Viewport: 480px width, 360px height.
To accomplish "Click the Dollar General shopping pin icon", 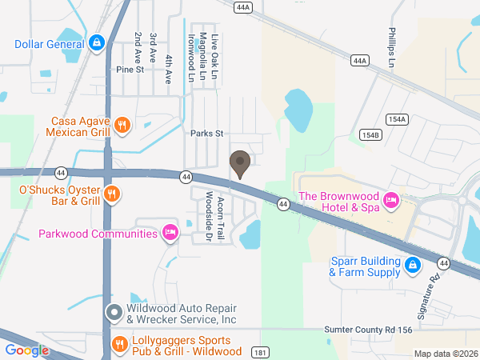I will pos(96,42).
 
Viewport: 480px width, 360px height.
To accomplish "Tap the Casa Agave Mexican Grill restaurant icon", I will pos(122,124).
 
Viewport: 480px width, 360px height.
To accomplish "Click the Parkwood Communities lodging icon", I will pos(170,233).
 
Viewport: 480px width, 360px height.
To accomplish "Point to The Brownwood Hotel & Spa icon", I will pos(391,199).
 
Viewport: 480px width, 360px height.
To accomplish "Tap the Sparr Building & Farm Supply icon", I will pos(412,265).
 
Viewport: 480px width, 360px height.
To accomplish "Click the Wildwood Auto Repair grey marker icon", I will pos(114,310).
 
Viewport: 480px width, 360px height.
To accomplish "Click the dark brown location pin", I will pos(239,164).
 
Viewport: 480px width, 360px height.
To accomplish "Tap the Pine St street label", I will pos(129,70).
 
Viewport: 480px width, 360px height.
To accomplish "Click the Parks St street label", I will pos(206,134).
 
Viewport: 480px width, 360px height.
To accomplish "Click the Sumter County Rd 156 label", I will pos(379,330).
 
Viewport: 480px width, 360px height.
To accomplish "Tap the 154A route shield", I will pos(396,119).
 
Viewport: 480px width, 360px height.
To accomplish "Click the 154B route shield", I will pos(370,134).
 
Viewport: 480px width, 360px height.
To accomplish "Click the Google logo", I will pos(26,350).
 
